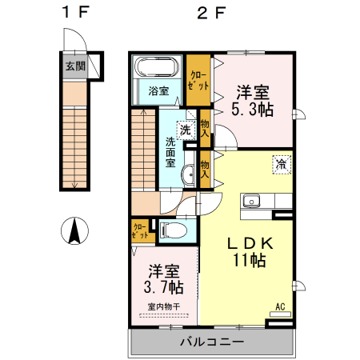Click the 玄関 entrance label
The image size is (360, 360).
coord(74,65)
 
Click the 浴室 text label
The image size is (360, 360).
coord(158,91)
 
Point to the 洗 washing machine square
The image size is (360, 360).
coord(185,130)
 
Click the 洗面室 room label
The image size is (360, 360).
coord(170,151)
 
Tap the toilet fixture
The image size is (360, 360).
coord(173,230)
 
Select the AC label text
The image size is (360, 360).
coord(280,306)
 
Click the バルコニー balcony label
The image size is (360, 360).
coord(210,342)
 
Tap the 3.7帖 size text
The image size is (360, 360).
coord(163,286)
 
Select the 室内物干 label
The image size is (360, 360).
coord(163,306)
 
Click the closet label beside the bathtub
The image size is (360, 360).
coord(198,78)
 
